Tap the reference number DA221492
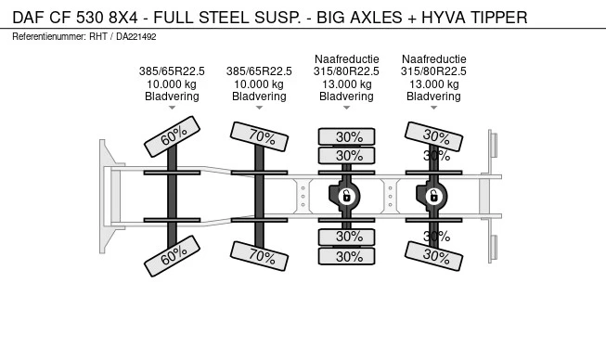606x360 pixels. coord(136,37)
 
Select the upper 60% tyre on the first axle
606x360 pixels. coord(172,136)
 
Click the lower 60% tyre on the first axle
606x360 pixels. coord(172,256)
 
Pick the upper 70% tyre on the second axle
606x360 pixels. coord(259,136)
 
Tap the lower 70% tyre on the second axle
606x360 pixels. coord(259,256)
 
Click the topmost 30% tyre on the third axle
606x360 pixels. coord(347,136)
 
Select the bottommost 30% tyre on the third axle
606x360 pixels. coord(347,256)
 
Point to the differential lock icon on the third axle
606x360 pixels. coord(347,196)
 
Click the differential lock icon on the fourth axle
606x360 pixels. coord(434,196)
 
